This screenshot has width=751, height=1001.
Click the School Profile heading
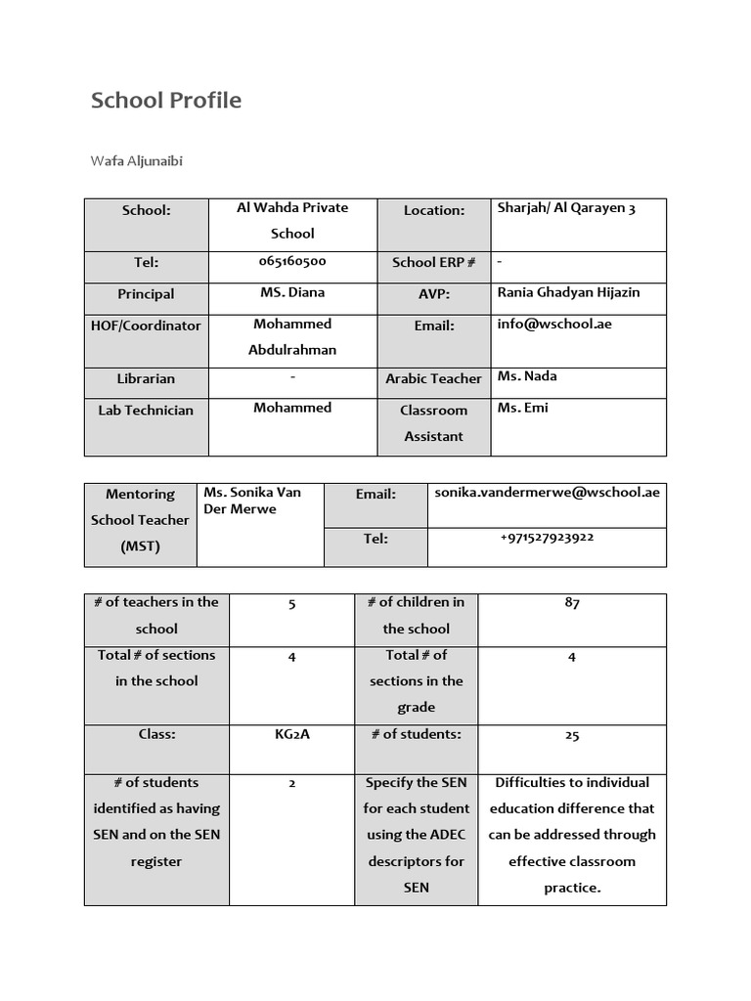point(166,101)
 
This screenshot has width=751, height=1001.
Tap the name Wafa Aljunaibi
point(137,161)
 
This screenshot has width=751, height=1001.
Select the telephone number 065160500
point(292,262)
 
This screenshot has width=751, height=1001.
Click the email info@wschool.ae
point(554,324)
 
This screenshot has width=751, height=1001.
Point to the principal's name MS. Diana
point(292,292)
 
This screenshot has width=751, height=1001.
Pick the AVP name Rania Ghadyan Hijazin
point(568,292)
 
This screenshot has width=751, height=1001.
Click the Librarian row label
point(146,378)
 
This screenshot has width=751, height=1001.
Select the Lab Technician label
point(146,411)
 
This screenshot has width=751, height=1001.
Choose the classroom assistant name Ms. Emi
point(522,408)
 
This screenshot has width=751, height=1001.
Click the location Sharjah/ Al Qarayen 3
point(566,208)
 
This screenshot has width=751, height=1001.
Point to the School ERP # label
point(433,262)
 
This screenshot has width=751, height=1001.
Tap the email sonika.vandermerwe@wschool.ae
point(547,493)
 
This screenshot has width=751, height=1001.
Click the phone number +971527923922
point(547,538)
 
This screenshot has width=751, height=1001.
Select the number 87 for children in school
point(572,603)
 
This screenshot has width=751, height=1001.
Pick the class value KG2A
point(292,734)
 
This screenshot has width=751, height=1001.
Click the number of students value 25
point(572,735)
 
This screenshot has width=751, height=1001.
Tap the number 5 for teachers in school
point(292,604)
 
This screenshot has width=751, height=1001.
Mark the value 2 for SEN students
point(292,783)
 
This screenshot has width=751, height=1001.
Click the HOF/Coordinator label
point(146,326)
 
